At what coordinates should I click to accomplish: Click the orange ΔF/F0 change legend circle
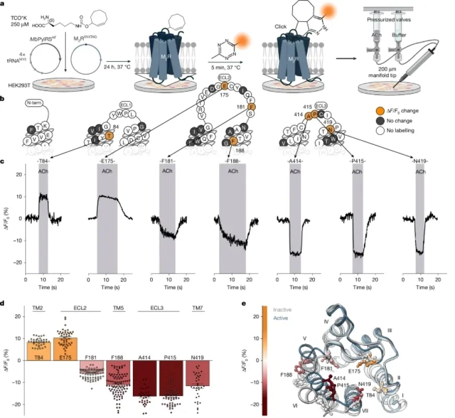[375, 111]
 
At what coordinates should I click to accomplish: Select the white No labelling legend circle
[375, 130]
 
